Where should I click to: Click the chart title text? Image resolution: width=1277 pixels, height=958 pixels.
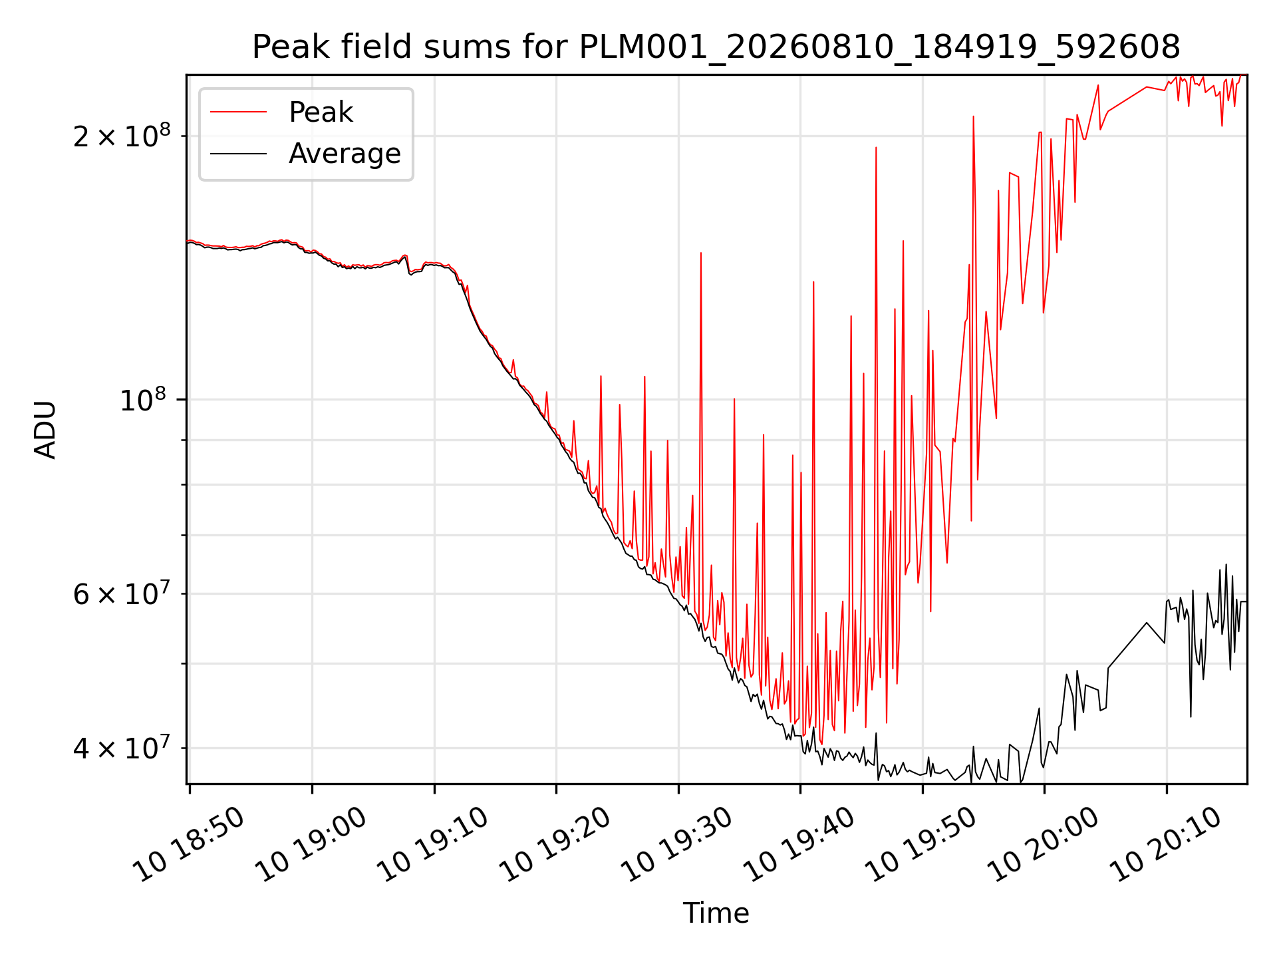tap(716, 47)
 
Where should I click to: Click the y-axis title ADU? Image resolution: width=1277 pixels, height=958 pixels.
tap(45, 429)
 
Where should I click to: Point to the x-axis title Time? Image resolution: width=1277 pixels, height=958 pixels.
tap(716, 913)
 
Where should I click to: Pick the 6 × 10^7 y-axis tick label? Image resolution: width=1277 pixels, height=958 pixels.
tap(122, 593)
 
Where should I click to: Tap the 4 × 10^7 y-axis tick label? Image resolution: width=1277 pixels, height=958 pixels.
tap(122, 748)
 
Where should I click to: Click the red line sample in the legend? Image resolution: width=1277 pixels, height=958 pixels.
tap(238, 112)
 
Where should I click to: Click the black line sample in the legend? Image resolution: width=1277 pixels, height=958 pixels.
tap(238, 154)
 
